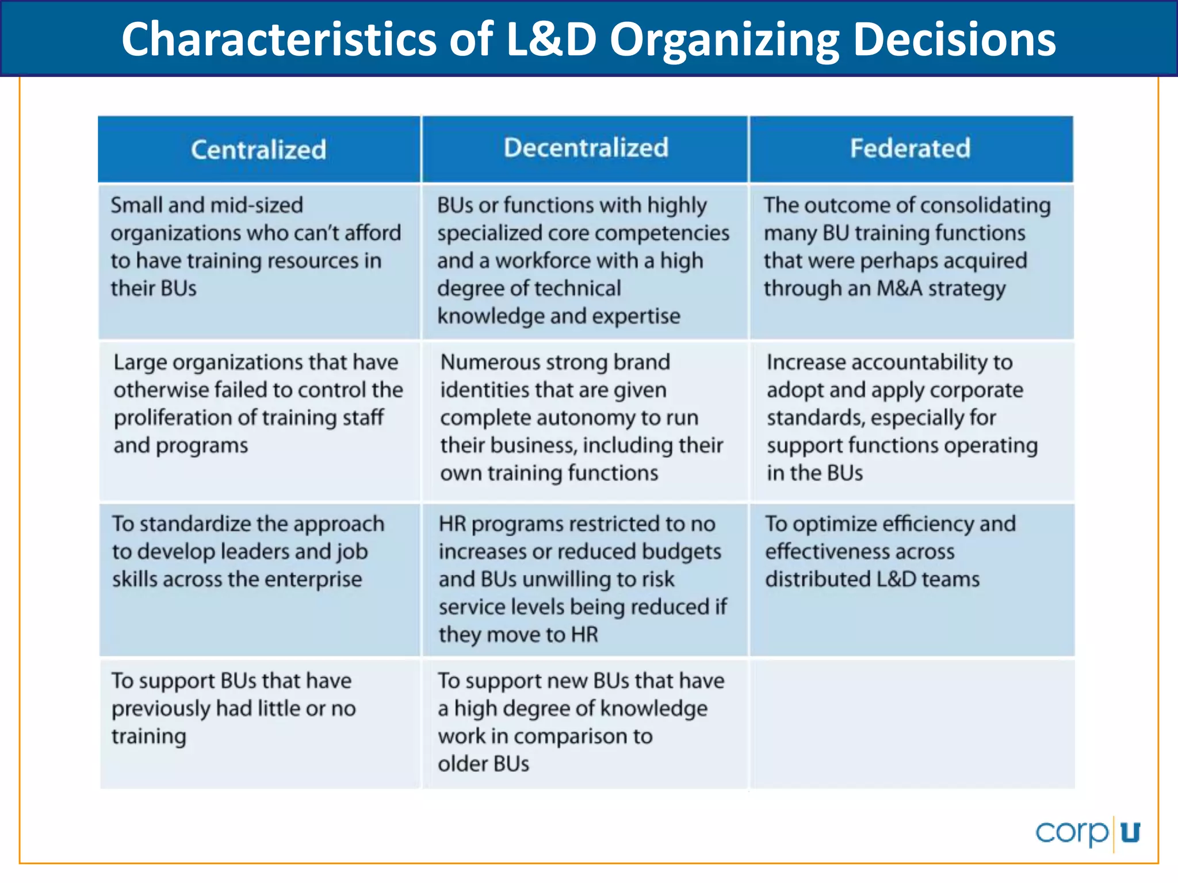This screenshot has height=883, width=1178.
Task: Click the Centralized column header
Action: pos(258,149)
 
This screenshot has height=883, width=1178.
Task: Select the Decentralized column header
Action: pos(586,148)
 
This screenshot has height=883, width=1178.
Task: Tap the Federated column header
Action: pos(910,148)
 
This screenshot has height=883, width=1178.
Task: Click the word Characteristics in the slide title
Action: pos(278,39)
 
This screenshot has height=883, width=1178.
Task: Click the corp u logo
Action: pos(1087,832)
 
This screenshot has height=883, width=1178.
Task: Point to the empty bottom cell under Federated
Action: pos(912,723)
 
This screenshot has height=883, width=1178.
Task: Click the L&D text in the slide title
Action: pos(550,39)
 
